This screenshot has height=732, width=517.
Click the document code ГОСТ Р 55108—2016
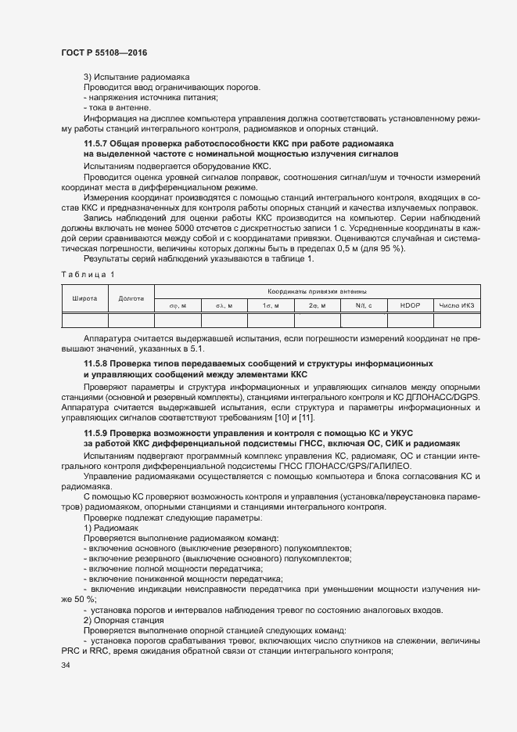(x=103, y=52)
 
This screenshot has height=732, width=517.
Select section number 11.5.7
(x=99, y=145)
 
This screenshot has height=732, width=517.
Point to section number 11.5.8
(x=99, y=365)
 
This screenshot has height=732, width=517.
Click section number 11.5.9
(x=99, y=433)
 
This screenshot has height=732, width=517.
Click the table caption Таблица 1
(x=87, y=273)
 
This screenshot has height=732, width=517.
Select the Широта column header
(x=84, y=298)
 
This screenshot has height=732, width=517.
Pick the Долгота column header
(x=131, y=298)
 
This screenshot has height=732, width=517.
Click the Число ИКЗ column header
(x=457, y=305)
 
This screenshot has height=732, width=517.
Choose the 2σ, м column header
(x=317, y=305)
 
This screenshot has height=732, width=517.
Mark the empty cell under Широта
(x=84, y=319)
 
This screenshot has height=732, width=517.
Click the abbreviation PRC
(x=70, y=651)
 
